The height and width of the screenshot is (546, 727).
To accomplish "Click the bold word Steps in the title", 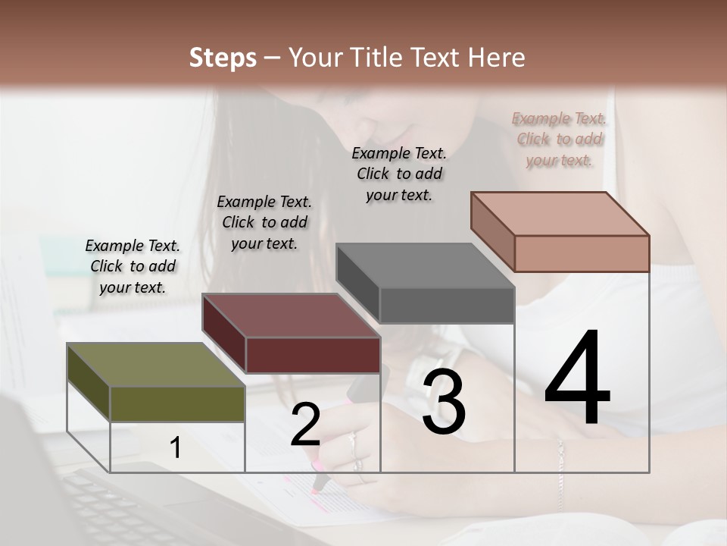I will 223,58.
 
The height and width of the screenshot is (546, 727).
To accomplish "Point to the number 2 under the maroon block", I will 305,425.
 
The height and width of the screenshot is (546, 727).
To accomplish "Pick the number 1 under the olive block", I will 176,448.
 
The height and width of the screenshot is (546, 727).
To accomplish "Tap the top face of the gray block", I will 425,265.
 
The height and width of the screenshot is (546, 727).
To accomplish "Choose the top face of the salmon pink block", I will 560,214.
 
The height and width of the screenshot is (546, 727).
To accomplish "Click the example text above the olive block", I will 133,266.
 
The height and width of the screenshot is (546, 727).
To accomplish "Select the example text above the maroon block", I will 264,222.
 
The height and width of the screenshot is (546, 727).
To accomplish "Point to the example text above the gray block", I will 399,174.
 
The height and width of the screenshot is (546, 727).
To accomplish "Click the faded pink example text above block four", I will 559,139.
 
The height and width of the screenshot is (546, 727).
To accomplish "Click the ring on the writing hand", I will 353,441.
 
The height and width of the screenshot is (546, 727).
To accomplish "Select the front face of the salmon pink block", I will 582,253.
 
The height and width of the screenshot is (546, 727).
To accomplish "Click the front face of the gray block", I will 447,306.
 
